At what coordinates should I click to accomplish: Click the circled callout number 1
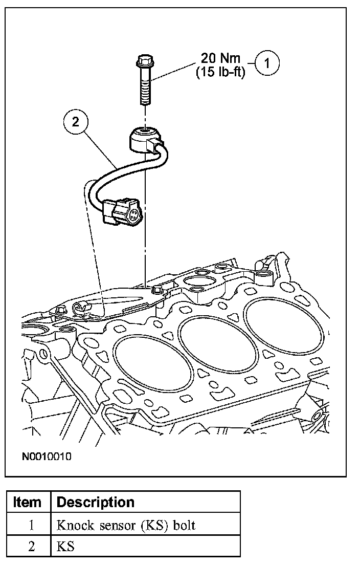[268, 64]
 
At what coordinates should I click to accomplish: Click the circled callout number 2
[76, 122]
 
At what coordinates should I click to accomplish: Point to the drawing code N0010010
[47, 455]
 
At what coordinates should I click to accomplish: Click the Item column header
[28, 502]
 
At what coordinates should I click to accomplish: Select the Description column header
[96, 502]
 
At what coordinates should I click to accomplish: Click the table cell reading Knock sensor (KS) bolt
[125, 525]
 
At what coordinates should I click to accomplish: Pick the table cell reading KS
[66, 546]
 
